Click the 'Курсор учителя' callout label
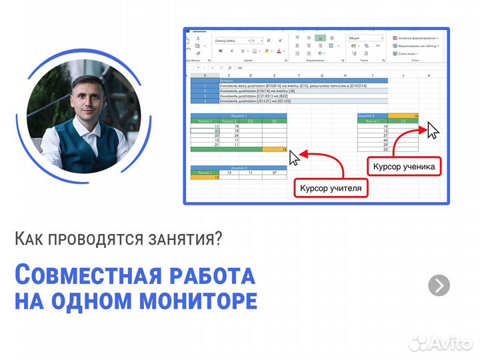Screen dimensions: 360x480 (331, 189)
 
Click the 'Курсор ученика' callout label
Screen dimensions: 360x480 (403, 166)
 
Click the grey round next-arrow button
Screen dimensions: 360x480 (439, 285)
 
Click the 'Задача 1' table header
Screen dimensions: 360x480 (239, 115)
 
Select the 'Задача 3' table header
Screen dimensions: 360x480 (239, 167)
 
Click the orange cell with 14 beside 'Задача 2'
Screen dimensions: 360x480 (407, 115)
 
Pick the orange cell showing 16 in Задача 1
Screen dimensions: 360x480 (275, 149)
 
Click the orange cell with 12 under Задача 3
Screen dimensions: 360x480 (205, 177)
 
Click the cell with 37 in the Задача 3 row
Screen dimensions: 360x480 (274, 173)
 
